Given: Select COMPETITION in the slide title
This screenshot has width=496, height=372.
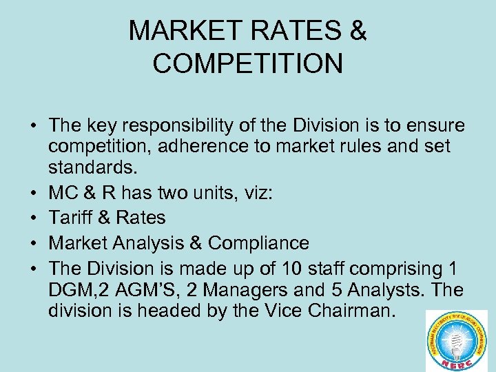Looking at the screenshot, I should click(247, 63).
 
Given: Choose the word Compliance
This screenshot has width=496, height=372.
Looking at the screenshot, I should click(258, 243).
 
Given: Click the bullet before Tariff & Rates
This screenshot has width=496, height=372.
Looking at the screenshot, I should click(33, 218).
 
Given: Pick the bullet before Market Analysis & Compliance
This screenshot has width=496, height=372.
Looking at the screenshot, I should click(33, 243).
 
